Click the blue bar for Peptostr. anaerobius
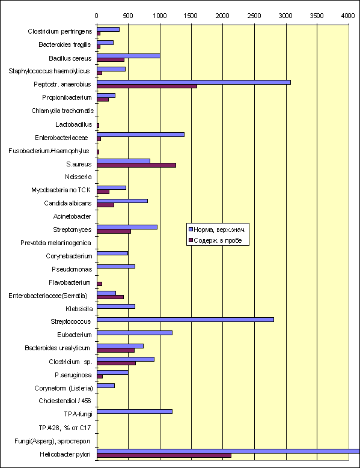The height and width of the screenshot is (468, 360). [194, 82]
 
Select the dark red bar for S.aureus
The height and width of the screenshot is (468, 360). [136, 165]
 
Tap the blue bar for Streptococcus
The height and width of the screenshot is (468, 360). [185, 320]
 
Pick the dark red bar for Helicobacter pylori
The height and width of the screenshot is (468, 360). [164, 455]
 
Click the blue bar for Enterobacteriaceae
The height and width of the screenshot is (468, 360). [141, 135]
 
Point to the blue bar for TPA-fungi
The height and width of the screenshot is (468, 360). [135, 412]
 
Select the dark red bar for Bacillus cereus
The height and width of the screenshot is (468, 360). [111, 60]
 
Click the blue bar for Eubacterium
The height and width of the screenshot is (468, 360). [135, 333]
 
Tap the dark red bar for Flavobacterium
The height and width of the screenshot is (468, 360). [99, 284]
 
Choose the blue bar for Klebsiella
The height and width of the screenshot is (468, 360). [116, 306]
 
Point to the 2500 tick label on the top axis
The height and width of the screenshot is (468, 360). [254, 16]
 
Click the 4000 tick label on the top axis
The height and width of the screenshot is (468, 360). [348, 16]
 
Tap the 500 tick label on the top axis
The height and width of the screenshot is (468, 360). [128, 16]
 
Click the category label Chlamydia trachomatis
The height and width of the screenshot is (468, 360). [63, 111]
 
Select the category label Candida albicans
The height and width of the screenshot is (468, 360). [68, 203]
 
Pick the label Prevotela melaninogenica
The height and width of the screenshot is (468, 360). [56, 243]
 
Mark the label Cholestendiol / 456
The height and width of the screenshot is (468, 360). [65, 401]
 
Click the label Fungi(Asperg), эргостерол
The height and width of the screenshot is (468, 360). [52, 441]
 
